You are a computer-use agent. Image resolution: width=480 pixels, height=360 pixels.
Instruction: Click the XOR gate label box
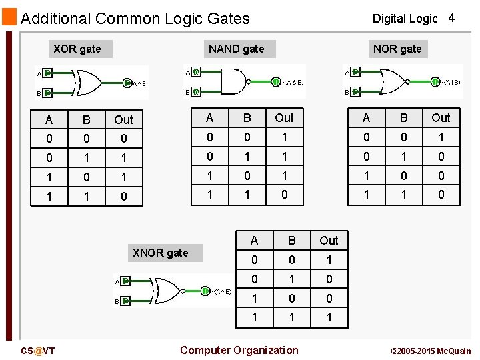(77, 49)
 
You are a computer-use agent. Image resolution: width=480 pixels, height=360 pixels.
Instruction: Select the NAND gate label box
(236, 49)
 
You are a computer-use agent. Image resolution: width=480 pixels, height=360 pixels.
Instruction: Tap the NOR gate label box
(397, 49)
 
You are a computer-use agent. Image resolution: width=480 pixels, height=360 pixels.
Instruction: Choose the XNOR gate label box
(161, 253)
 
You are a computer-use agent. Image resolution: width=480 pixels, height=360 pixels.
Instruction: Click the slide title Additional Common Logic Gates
(135, 19)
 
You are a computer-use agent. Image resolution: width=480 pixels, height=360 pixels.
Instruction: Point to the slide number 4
(451, 18)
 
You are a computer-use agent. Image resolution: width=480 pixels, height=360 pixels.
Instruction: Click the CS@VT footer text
(38, 351)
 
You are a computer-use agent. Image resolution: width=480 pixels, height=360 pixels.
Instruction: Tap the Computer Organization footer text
(239, 350)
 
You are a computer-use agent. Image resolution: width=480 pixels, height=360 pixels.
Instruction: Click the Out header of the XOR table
(123, 120)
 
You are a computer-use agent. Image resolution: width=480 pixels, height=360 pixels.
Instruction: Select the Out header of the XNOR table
(329, 241)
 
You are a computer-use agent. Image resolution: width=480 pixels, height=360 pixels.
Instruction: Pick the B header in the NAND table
(247, 118)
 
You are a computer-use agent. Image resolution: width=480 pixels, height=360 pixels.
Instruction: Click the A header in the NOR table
(366, 118)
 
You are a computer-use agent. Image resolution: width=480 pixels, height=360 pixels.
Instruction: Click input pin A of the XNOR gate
(125, 281)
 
